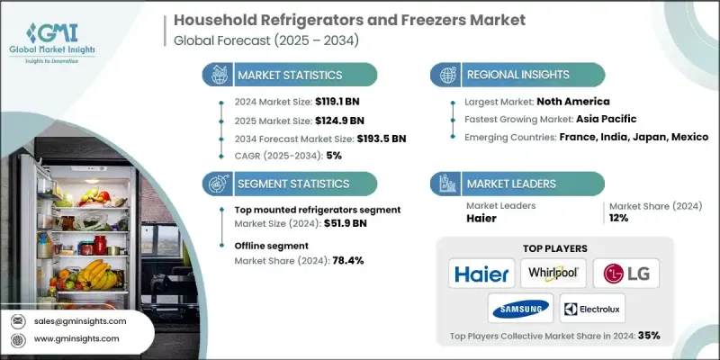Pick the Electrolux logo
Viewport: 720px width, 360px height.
tap(591, 308)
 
